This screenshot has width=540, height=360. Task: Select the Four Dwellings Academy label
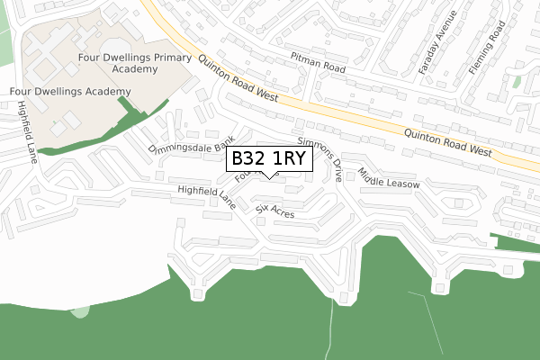69,92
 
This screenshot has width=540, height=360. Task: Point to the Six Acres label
275,211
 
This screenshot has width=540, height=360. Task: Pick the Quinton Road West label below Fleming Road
447,145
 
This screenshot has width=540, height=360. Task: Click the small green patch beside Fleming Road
517,82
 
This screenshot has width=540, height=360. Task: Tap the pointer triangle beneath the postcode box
270,175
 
